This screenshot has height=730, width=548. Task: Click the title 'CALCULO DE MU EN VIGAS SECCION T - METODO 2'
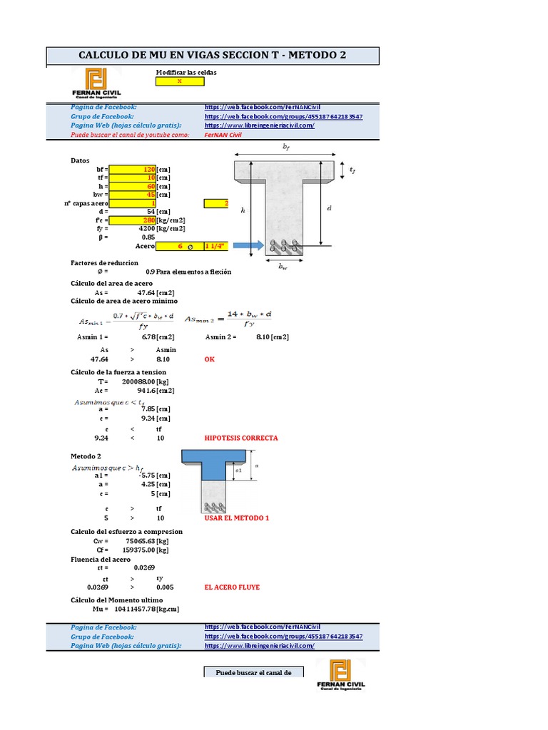(213, 56)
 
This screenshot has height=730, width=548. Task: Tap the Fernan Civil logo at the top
(96, 83)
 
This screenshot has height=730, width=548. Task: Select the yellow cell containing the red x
(180, 81)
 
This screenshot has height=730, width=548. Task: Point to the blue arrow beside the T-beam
(245, 246)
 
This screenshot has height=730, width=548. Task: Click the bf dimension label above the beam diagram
(285, 148)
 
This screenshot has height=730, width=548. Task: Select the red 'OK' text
(209, 359)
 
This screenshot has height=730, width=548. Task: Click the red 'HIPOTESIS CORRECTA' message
(240, 438)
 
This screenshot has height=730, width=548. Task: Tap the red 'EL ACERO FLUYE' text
(232, 587)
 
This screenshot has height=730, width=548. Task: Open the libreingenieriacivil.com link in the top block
(260, 125)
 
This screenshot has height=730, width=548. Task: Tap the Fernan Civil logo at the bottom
(340, 674)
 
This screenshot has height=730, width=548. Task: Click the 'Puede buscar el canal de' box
(254, 672)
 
